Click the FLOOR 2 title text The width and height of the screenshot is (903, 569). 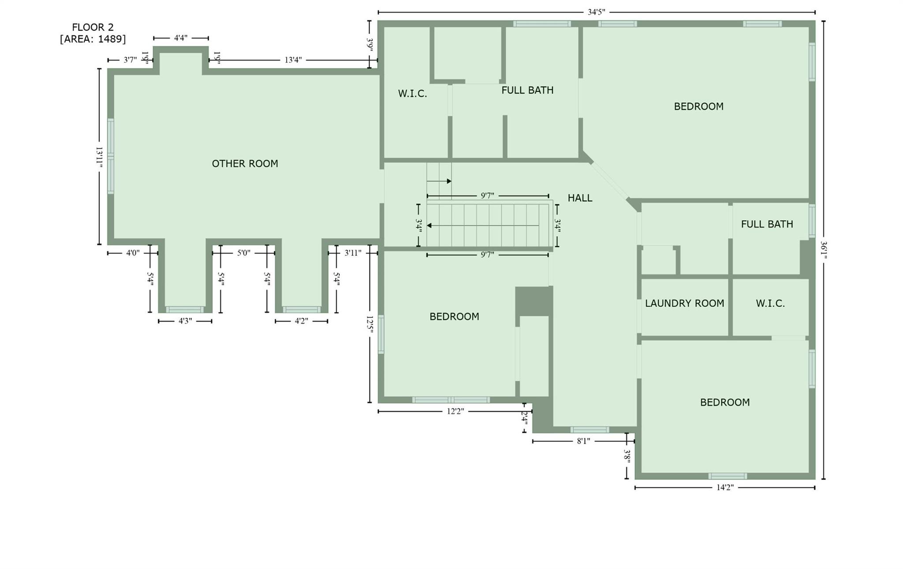93,27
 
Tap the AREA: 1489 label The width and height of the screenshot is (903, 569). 93,39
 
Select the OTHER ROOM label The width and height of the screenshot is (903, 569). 245,164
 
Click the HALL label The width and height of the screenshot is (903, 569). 580,198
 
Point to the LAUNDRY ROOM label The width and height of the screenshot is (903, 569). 684,304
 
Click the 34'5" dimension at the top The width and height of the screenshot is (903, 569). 596,12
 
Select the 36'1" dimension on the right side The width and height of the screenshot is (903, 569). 823,250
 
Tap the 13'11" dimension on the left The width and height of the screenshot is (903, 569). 99,157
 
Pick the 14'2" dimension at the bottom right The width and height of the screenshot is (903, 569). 725,487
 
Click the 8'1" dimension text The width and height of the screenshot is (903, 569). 583,441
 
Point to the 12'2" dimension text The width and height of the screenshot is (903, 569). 455,411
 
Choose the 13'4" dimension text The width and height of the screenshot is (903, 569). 293,60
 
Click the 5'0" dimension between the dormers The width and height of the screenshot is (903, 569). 243,253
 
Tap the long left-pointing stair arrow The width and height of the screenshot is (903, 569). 483,226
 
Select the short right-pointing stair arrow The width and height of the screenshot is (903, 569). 439,181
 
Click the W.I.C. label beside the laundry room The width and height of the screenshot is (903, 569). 770,304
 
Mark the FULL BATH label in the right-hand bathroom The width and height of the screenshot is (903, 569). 767,224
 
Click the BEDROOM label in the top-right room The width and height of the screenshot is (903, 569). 698,106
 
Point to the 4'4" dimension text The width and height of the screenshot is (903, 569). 181,38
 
